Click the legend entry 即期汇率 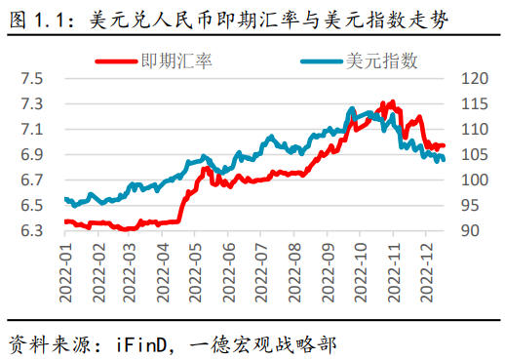click(178, 61)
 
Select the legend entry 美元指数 click(382, 61)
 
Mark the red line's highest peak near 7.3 click(391, 100)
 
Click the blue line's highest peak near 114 click(353, 108)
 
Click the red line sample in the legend click(117, 61)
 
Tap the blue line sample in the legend click(321, 61)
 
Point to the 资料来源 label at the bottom click(43, 344)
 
